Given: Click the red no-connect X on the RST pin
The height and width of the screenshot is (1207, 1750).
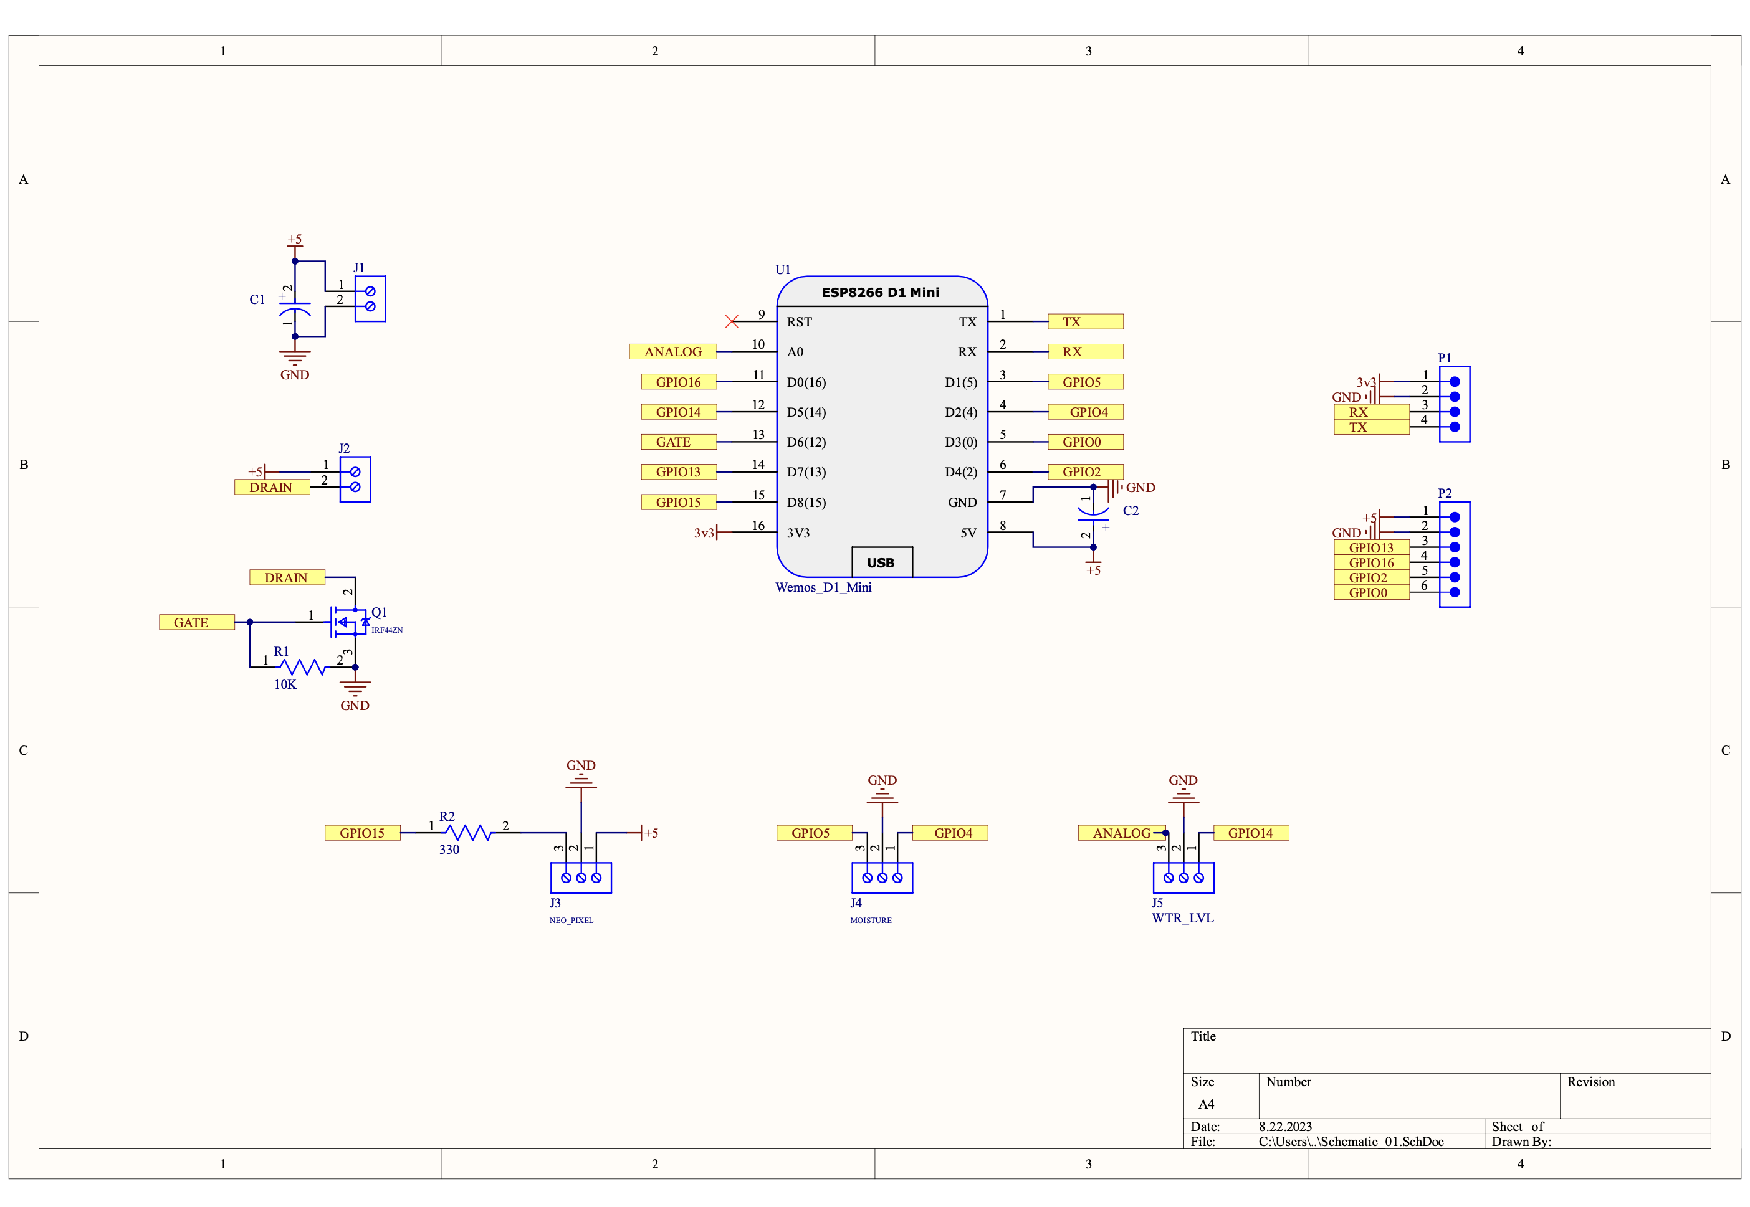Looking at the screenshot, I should point(731,321).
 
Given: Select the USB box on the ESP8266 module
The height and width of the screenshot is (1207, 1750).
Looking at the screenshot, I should point(881,562).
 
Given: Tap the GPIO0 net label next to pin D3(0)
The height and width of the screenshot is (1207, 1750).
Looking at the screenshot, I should point(1084,442).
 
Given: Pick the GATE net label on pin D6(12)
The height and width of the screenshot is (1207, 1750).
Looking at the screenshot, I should point(677,442).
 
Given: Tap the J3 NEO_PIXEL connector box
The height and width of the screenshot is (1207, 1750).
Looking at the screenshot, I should point(580,878).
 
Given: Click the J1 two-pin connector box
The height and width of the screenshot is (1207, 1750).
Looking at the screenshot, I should point(370,299).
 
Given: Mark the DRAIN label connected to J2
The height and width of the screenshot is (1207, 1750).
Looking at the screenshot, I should point(272,487).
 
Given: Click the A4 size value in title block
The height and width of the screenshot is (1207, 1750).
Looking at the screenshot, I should point(1206,1104).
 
